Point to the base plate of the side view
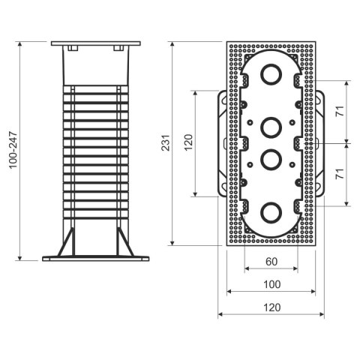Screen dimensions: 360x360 click(x=95, y=259)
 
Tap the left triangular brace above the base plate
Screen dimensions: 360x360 click(x=66, y=242)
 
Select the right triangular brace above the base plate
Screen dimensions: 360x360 click(x=124, y=242)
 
